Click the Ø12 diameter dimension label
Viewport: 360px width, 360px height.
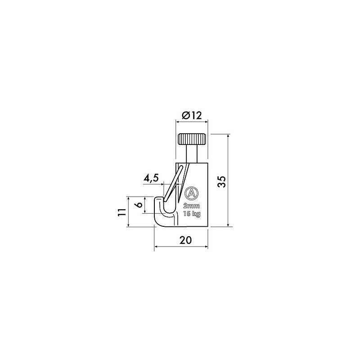point(191,115)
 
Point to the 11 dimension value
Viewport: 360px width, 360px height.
point(121,212)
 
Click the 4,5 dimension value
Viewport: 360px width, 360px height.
point(151,178)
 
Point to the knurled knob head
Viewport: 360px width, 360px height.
point(192,139)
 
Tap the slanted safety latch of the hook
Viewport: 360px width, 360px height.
point(173,184)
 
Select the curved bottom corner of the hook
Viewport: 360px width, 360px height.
point(161,221)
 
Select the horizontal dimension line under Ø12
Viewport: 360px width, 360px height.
point(191,121)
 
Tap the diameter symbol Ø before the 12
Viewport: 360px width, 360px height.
point(184,115)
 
